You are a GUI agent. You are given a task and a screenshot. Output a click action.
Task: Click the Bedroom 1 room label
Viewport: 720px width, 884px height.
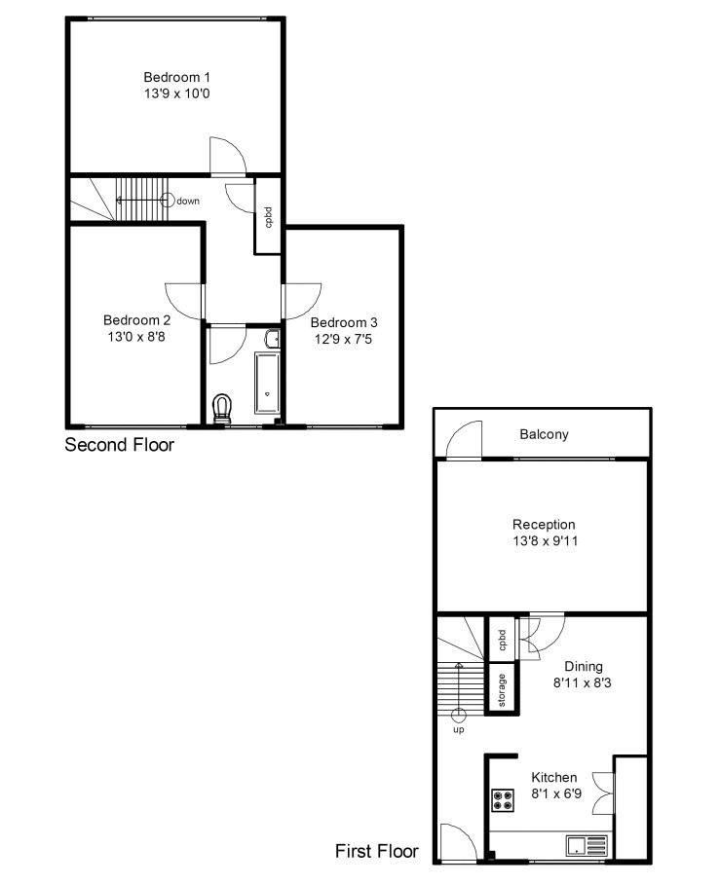point(176,77)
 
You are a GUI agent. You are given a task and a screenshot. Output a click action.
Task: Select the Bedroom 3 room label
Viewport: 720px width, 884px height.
point(344,322)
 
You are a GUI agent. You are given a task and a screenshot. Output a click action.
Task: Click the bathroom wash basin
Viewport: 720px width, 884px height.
point(274,339)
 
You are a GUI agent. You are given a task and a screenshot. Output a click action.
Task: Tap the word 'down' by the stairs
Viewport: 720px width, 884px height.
point(188,201)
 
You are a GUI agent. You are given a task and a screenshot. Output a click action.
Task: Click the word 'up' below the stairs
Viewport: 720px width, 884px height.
point(458,728)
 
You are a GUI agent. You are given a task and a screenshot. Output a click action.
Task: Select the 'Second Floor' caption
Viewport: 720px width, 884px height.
point(119,445)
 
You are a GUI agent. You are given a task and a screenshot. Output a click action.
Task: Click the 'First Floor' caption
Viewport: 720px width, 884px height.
point(376,851)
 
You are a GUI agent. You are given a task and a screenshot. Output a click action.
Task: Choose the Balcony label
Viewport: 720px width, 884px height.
point(543,434)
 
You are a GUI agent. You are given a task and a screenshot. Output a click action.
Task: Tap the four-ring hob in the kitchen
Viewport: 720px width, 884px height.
point(505,799)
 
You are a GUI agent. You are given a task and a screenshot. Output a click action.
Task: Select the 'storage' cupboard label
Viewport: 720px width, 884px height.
point(502,689)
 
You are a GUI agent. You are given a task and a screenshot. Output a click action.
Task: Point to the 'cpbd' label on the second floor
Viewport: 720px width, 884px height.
point(268,217)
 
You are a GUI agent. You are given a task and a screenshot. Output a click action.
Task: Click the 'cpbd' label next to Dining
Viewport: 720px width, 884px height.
point(503,640)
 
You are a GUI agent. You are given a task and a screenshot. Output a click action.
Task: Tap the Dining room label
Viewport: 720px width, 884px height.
point(583,666)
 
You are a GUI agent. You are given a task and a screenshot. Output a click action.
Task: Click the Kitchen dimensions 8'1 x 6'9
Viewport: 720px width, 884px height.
point(553,793)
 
